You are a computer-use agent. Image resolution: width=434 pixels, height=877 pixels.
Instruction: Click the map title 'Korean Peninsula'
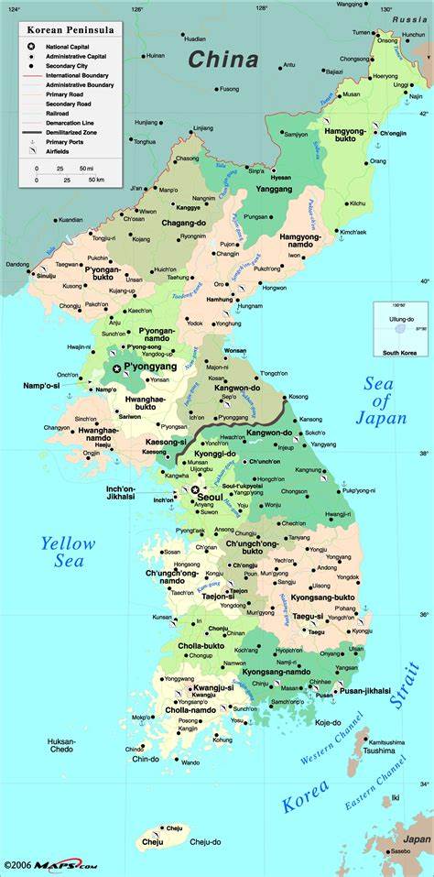(x=63, y=30)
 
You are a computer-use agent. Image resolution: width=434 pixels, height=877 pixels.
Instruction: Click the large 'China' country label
(x=223, y=60)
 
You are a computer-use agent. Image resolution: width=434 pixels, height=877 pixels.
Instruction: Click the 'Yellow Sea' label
(x=68, y=551)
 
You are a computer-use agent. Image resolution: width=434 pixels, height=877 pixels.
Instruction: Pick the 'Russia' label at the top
(x=408, y=19)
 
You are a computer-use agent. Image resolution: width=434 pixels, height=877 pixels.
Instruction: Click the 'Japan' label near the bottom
(x=417, y=839)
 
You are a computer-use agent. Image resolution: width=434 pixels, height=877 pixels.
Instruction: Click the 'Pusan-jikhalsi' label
(x=365, y=690)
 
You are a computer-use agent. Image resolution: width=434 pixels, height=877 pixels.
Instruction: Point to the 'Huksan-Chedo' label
(x=61, y=744)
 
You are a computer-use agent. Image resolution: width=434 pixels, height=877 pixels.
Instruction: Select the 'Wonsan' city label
(x=235, y=350)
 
